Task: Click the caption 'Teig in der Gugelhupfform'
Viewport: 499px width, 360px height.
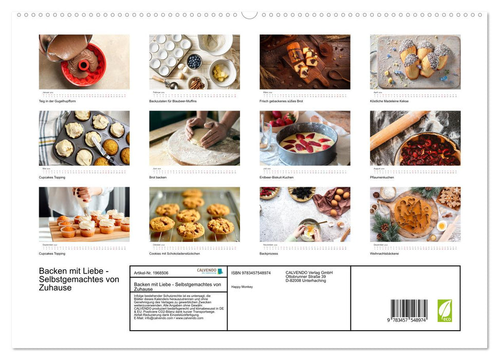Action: pyautogui.click(x=57, y=101)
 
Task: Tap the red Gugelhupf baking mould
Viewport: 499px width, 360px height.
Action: pyautogui.click(x=83, y=66)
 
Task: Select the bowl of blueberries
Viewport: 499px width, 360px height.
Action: pyautogui.click(x=194, y=61)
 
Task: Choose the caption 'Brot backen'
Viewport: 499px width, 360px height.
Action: pyautogui.click(x=158, y=177)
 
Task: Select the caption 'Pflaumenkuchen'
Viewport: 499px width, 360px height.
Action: pyautogui.click(x=382, y=177)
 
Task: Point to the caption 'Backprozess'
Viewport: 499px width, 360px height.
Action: pyautogui.click(x=270, y=254)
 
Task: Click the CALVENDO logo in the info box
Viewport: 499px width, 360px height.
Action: pyautogui.click(x=210, y=271)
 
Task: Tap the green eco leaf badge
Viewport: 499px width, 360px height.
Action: pyautogui.click(x=445, y=311)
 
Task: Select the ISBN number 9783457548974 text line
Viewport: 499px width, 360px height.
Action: pyautogui.click(x=251, y=273)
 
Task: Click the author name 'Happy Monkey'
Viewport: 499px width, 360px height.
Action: pyautogui.click(x=242, y=286)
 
